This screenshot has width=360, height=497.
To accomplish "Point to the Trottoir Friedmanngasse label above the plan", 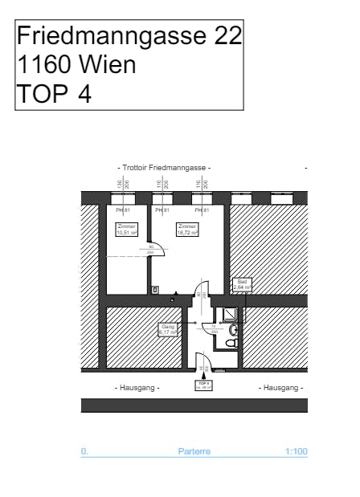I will coord(164,167).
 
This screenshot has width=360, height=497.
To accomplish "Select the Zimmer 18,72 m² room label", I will coord(188,229).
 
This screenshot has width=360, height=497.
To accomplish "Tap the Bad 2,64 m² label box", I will coord(242,285).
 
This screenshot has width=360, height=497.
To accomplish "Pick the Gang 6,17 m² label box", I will coord(168,329).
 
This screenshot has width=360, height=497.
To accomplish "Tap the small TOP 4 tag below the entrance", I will coord(203,385).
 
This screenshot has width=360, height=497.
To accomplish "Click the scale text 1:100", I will coord(296,451).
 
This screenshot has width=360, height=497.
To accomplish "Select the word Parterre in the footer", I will coord(194,451).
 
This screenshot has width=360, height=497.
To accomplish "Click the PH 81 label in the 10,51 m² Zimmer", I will coord(123,210).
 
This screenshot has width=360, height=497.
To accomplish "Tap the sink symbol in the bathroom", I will coord(233,329).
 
